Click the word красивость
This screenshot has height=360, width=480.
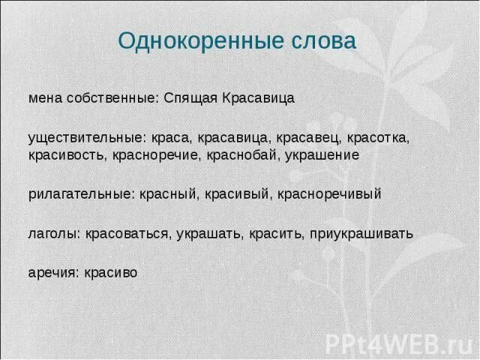coord(68,155)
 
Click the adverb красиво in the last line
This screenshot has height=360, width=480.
coord(113,273)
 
